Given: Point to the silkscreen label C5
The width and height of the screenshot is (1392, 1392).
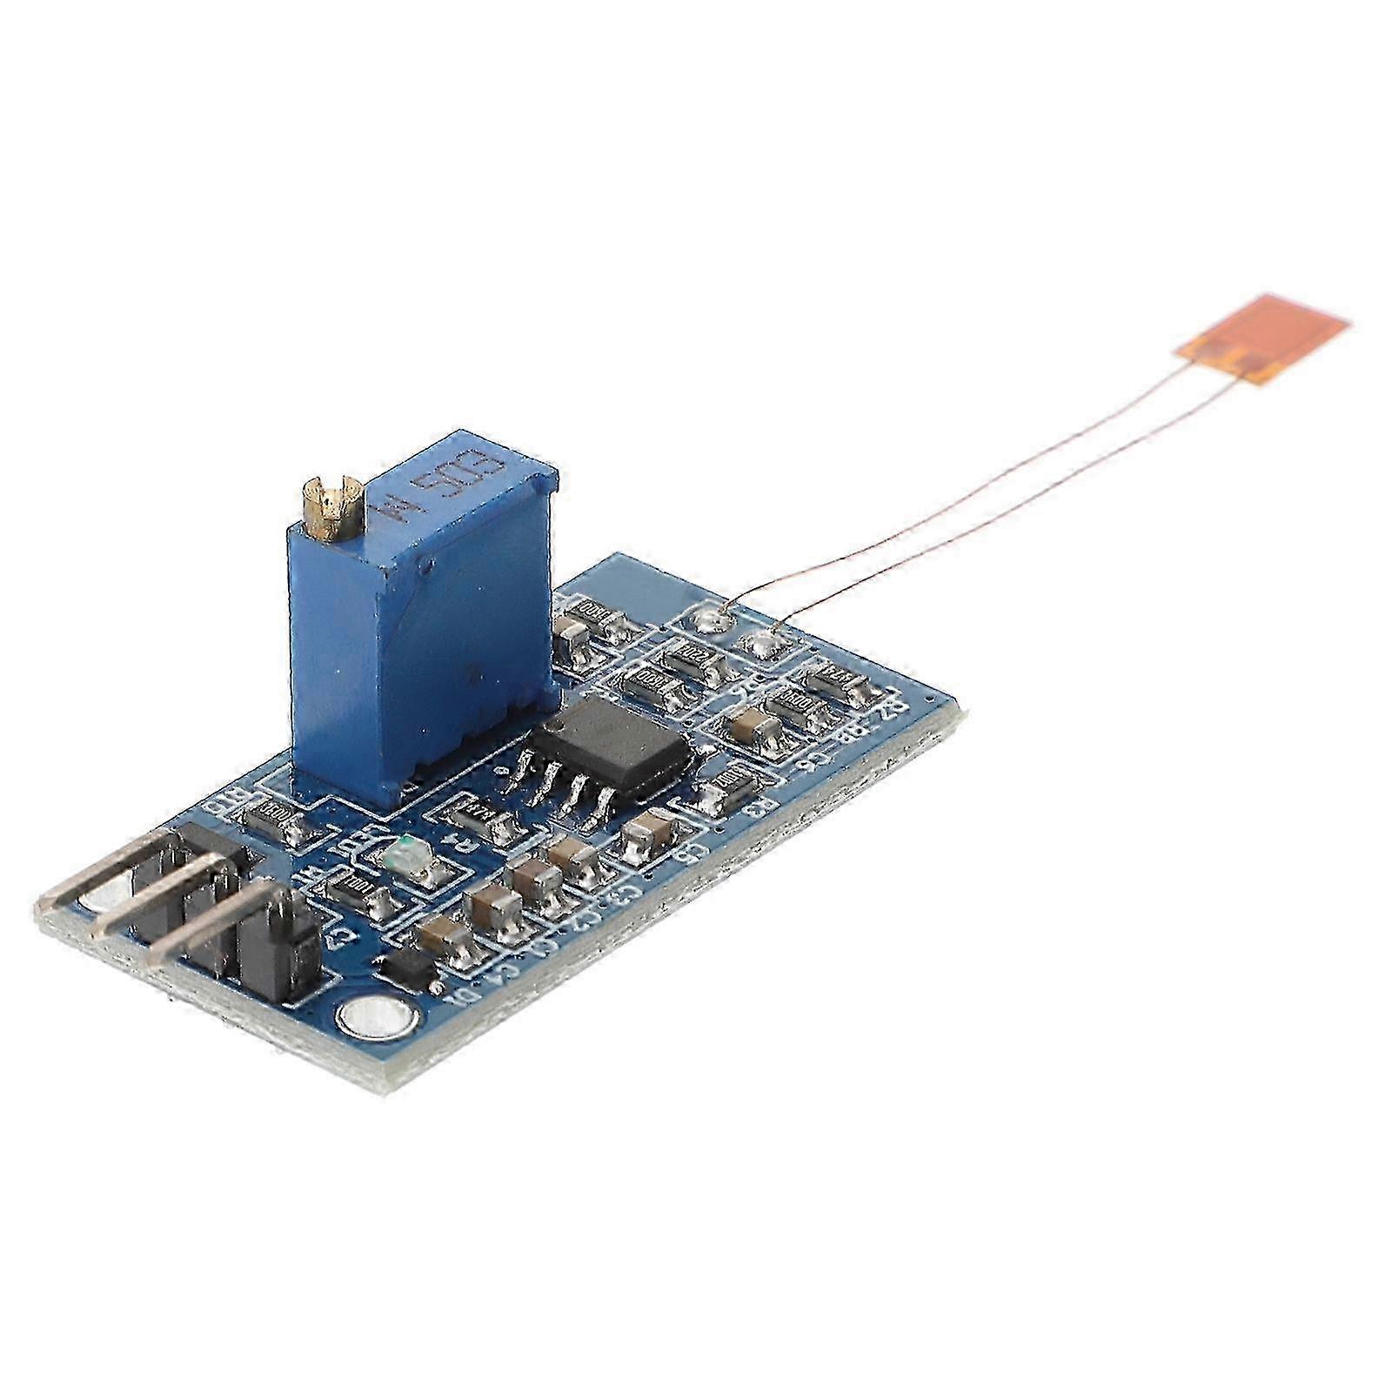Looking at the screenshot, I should point(693,854).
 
